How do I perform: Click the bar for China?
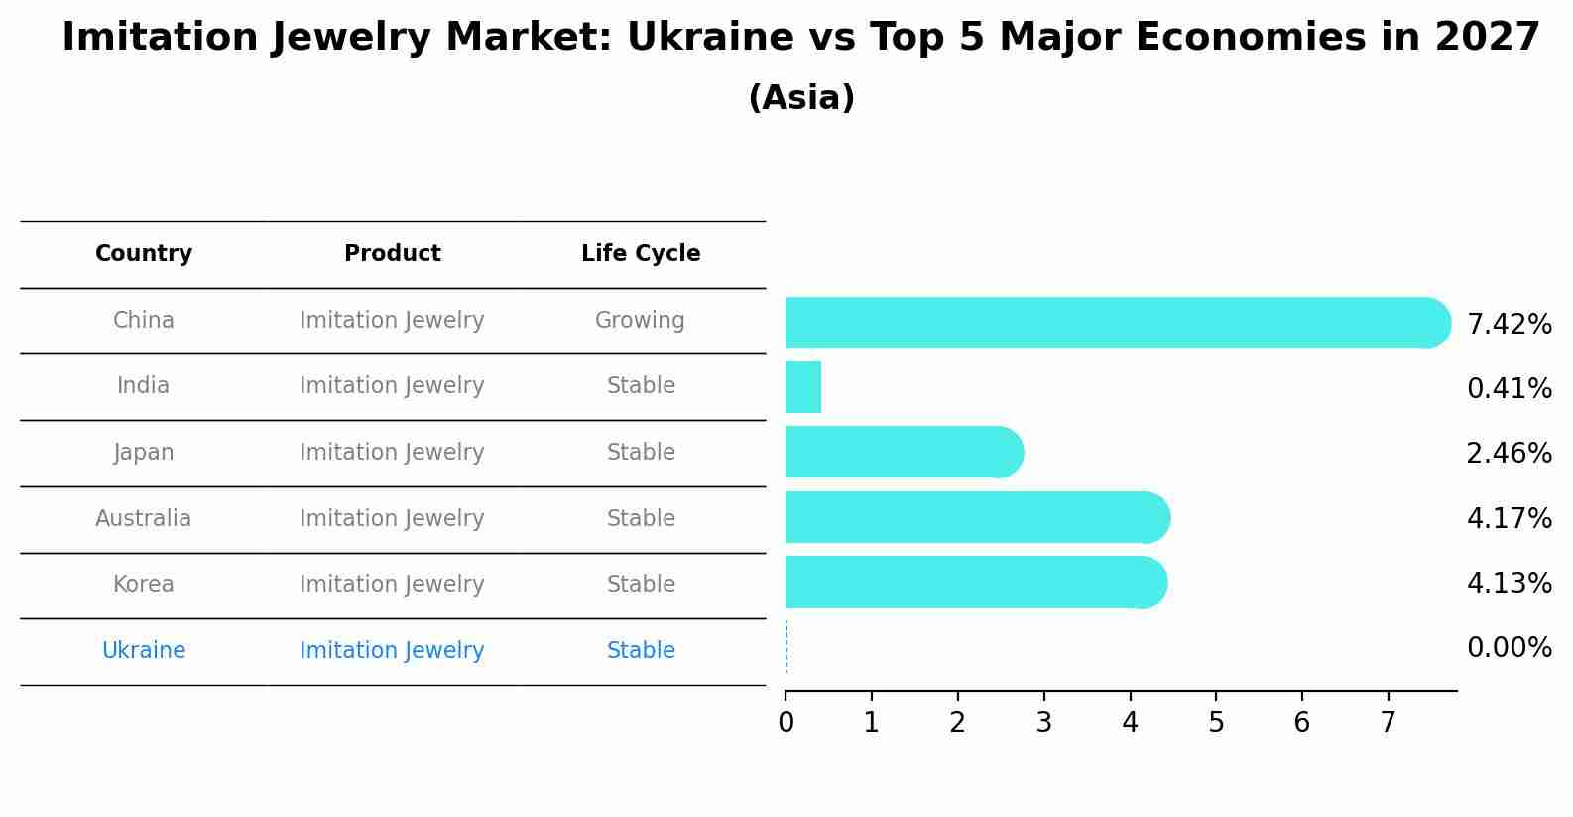click(x=1118, y=323)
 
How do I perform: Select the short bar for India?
click(x=803, y=387)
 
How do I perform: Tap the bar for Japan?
click(x=905, y=452)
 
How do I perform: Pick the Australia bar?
click(x=978, y=517)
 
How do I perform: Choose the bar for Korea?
click(x=977, y=582)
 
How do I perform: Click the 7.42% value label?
click(x=1510, y=325)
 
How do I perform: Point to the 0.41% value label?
click(x=1510, y=389)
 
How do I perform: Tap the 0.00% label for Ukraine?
click(x=1510, y=647)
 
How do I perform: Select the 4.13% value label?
click(x=1510, y=583)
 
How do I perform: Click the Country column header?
click(x=144, y=253)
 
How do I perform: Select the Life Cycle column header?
click(x=641, y=253)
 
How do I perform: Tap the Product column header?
click(x=393, y=253)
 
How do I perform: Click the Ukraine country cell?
click(x=144, y=650)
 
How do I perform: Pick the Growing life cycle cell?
click(x=640, y=321)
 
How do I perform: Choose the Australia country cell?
click(x=143, y=518)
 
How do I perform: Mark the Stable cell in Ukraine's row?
click(x=641, y=650)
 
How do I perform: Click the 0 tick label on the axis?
click(x=786, y=722)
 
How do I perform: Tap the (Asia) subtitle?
click(x=802, y=97)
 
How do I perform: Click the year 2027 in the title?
click(x=1488, y=37)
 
